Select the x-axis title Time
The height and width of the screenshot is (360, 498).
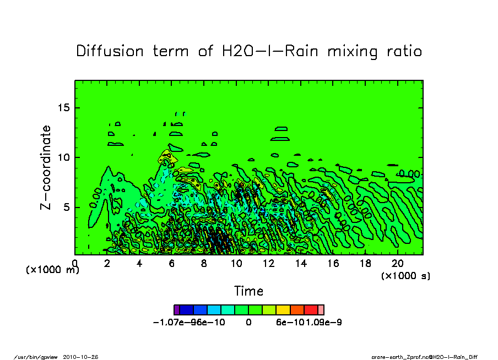[x=248, y=291]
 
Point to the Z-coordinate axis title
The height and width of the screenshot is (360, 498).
[x=46, y=167]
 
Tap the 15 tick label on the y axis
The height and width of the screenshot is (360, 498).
[x=65, y=108]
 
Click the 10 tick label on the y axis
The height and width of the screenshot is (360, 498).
[x=65, y=157]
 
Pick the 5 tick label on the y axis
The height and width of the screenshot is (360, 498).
[x=68, y=208]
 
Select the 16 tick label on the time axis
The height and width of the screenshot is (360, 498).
[x=333, y=264]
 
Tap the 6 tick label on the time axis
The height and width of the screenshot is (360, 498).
[x=172, y=264]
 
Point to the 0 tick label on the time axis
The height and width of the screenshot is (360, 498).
[x=75, y=264]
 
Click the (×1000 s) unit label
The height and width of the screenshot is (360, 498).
[x=405, y=275]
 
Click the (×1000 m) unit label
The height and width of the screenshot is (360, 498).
[x=53, y=270]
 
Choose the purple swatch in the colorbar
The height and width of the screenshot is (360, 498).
[x=176, y=310]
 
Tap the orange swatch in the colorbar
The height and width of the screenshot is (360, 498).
[x=297, y=310]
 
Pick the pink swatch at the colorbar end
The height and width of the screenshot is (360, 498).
[x=321, y=310]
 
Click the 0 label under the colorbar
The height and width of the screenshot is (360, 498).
[x=248, y=323]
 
